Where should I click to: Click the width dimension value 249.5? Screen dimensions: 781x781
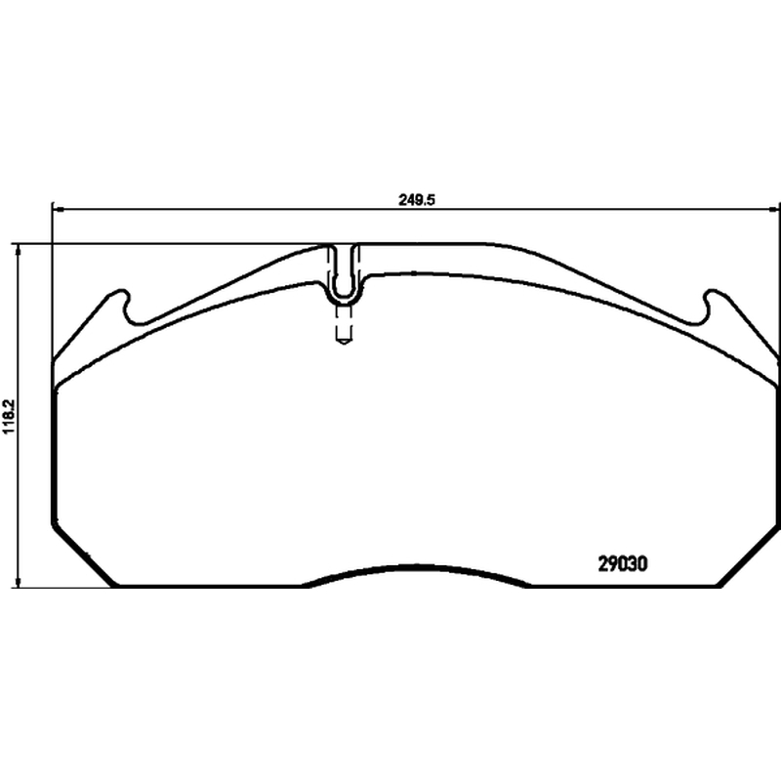417,200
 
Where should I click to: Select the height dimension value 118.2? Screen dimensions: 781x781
10,416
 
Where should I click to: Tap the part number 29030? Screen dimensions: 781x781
623,564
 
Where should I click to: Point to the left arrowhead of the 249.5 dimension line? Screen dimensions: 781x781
56,209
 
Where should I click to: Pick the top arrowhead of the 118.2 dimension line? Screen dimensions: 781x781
19,249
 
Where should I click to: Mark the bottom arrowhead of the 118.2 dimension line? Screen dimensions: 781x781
19,583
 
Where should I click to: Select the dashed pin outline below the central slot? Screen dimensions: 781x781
344,325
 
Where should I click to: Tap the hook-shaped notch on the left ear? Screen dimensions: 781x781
126,307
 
